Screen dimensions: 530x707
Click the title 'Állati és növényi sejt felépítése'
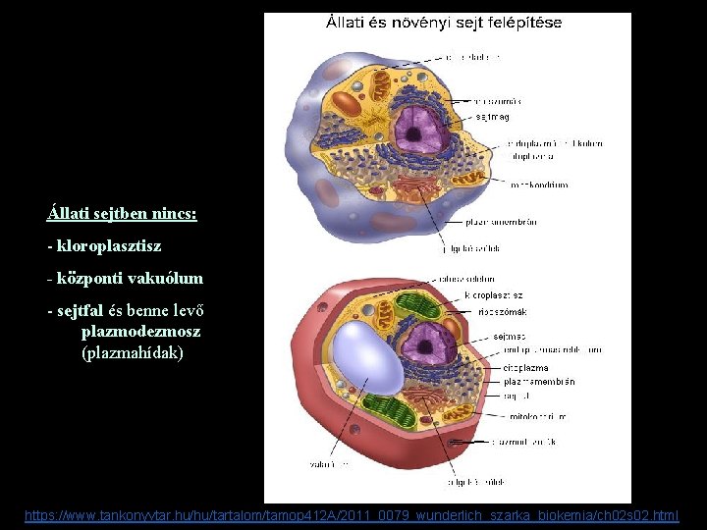pyautogui.click(x=444, y=23)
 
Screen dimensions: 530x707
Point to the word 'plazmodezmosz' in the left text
pyautogui.click(x=140, y=332)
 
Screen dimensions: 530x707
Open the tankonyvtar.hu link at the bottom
pyautogui.click(x=352, y=515)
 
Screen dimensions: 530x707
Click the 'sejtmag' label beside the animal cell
pyautogui.click(x=492, y=116)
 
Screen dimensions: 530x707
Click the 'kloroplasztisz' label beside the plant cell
pyautogui.click(x=494, y=295)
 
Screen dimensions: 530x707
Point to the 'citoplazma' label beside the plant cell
pyautogui.click(x=526, y=368)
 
